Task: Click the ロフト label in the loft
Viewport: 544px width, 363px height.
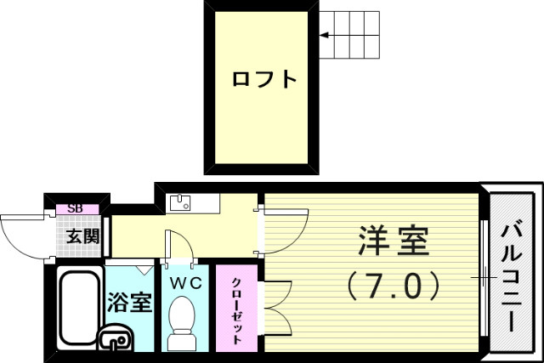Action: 264,81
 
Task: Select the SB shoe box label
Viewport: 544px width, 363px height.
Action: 76,207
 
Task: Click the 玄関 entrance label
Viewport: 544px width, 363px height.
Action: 83,236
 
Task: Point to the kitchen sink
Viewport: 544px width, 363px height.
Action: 180,203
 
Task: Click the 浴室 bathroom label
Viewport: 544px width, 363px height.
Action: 130,303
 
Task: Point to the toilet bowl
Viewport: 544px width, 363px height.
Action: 183,319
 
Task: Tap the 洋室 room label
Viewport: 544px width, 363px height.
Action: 393,241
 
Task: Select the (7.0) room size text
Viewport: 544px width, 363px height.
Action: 393,285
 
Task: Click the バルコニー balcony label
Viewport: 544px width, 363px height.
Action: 513,277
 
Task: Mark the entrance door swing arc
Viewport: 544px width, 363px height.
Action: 21,234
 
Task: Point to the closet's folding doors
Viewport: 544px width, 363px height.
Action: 279,306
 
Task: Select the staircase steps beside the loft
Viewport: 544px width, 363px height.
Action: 349,35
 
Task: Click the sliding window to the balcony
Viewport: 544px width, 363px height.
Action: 484,277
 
